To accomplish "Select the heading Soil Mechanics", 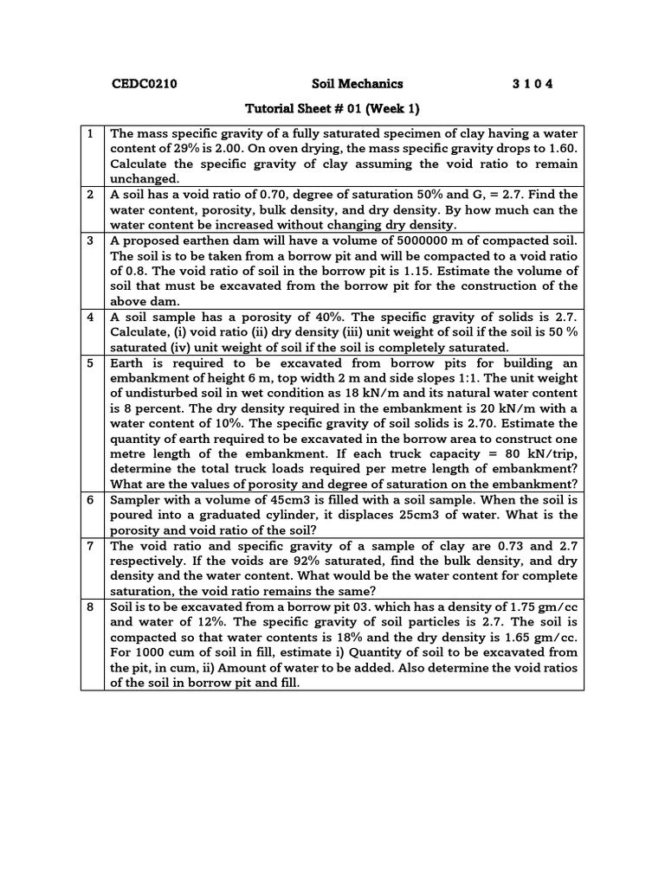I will click(x=358, y=84).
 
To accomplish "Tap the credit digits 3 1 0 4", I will click(x=533, y=84).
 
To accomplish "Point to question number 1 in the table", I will click(x=91, y=133).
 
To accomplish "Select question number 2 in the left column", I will click(x=91, y=195).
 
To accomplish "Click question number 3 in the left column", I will click(x=91, y=241).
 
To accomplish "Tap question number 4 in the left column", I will click(x=91, y=317).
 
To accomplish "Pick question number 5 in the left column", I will click(x=91, y=363).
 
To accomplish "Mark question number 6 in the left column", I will click(x=91, y=500).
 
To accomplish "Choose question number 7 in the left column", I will click(x=91, y=546).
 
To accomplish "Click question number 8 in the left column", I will click(x=91, y=607).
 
